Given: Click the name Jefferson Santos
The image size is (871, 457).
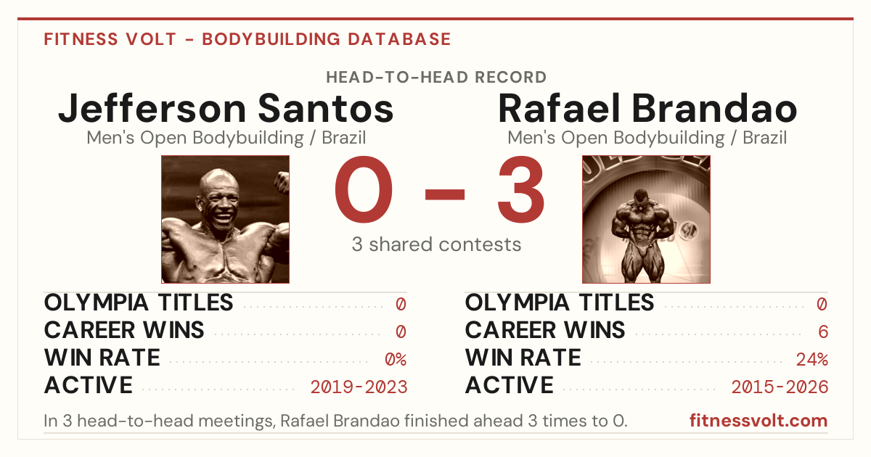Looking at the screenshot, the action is pos(226,108).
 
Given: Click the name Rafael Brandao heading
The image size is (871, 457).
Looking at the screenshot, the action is pos(647,108).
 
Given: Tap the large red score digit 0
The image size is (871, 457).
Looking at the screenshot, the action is pos(364,189).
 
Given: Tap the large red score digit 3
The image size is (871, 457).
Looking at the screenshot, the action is pos(520,189).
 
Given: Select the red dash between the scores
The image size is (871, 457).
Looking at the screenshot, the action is pos(445,194).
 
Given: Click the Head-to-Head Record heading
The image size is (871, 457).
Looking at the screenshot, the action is pos(436,78).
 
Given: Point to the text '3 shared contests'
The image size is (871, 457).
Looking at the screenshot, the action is pos(436,244).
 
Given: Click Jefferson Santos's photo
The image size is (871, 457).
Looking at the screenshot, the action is pos(226,220).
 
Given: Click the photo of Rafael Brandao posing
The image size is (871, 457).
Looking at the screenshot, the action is pos(646,220).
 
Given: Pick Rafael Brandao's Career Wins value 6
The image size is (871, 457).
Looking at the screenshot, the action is pos(823,332).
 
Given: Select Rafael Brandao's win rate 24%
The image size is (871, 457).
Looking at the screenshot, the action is pos(812,360).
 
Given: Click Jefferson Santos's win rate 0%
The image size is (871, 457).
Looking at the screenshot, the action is pos(396,360).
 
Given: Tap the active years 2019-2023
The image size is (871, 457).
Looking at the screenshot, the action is pos(359,387).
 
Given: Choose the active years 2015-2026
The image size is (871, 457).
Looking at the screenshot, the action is pos(780,387).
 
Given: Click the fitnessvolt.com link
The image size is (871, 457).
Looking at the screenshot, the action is pos(758,421).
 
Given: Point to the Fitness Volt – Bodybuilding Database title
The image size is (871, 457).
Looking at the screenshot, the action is pos(248,39).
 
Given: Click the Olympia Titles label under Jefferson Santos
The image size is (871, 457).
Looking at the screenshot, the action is pos(139,302).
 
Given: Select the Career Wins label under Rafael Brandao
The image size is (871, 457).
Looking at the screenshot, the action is pos(545,330).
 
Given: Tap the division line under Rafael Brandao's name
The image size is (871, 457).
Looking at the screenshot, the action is pos(647,138).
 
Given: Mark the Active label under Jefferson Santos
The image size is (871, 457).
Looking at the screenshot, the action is pos(89,385).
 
